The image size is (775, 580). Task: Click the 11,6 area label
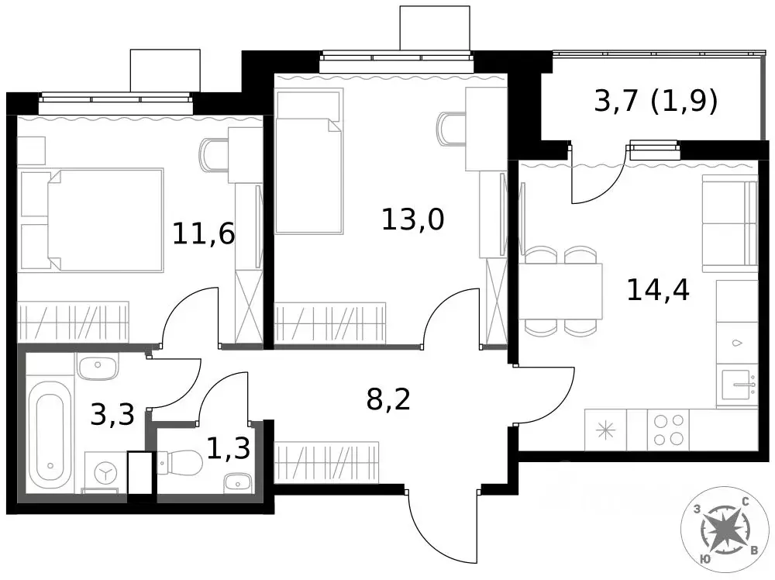coord(203,233)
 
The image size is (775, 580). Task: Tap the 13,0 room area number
coord(413,219)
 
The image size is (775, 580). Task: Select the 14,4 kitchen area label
coord(658,290)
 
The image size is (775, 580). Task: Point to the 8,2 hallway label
coord(388,399)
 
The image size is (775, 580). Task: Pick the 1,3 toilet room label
coord(228,448)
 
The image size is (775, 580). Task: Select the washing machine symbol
coord(105,471)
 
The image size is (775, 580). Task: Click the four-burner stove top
coord(668,430)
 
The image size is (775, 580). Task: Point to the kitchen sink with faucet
coord(738,385)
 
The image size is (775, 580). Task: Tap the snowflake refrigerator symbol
coord(605,430)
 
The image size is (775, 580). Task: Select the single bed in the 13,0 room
coord(309,161)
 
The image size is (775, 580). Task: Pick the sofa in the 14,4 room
coord(730,223)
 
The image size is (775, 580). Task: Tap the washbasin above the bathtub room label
coord(98,366)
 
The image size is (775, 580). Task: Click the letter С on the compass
coord(746,502)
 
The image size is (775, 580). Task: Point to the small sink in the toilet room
coord(237,483)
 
